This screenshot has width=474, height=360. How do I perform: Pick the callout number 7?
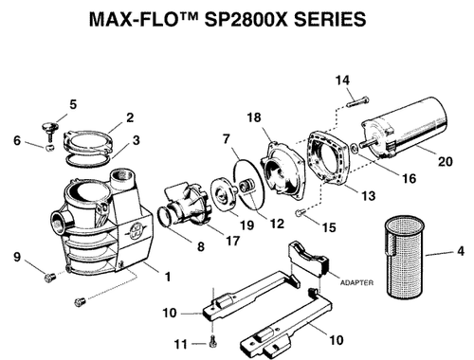click(x=226, y=138)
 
